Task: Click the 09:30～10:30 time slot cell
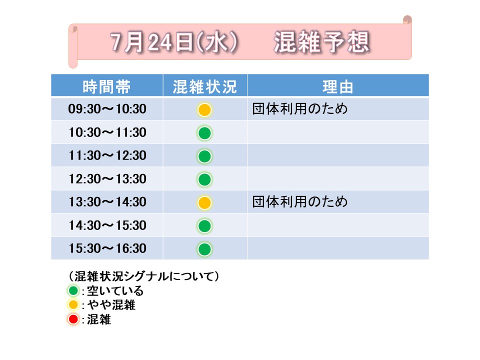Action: pyautogui.click(x=107, y=109)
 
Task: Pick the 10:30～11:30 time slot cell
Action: pyautogui.click(x=107, y=132)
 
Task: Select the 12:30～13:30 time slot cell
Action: pyautogui.click(x=107, y=179)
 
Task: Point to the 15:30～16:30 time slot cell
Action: pyautogui.click(x=107, y=248)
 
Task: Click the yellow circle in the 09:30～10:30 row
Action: pyautogui.click(x=204, y=110)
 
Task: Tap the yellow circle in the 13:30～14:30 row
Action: pyautogui.click(x=204, y=202)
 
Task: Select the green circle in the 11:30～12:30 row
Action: pyautogui.click(x=204, y=156)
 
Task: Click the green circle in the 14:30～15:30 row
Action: pyautogui.click(x=204, y=226)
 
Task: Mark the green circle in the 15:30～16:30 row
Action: pyautogui.click(x=204, y=249)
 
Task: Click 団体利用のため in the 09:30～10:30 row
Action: pyautogui.click(x=300, y=108)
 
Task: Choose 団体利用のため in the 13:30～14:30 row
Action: pyautogui.click(x=300, y=201)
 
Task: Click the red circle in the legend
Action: pyautogui.click(x=73, y=319)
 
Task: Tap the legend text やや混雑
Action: pyautogui.click(x=111, y=305)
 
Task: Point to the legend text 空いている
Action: pyautogui.click(x=115, y=290)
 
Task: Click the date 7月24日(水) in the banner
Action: pyautogui.click(x=174, y=42)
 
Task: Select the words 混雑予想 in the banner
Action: pyautogui.click(x=321, y=42)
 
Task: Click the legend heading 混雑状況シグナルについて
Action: pyautogui.click(x=144, y=276)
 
